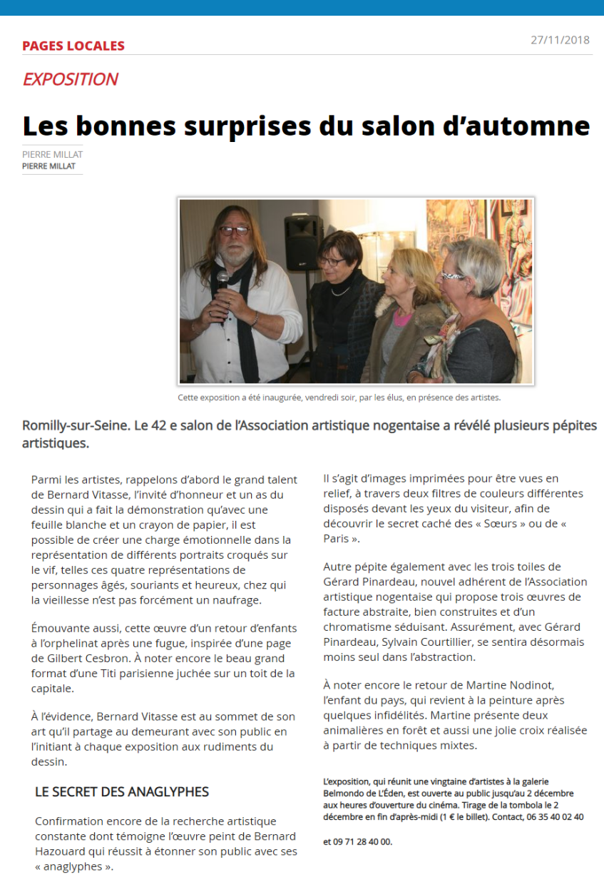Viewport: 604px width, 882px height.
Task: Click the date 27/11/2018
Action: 560,40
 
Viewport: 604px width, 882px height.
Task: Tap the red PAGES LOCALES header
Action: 73,46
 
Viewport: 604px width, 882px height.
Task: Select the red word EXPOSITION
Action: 70,79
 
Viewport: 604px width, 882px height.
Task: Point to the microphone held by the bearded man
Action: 222,280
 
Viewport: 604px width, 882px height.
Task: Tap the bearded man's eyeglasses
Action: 234,230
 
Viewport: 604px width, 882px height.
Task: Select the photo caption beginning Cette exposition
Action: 339,397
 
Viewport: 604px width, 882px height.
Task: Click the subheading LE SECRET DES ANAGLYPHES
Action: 122,791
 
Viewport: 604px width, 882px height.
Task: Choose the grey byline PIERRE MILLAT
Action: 53,155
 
